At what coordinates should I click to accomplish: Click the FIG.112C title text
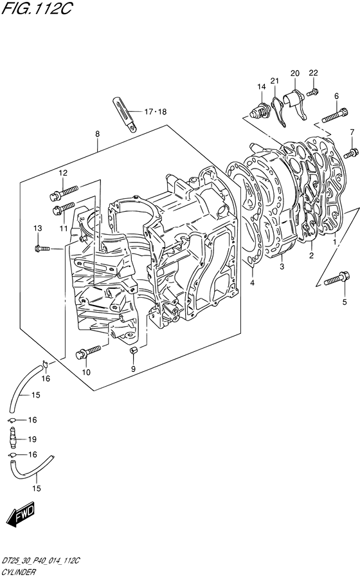pyautogui.click(x=36, y=9)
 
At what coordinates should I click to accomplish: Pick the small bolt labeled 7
pyautogui.click(x=351, y=153)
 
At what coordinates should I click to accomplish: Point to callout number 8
pyautogui.click(x=97, y=134)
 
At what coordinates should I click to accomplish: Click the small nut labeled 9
pyautogui.click(x=134, y=350)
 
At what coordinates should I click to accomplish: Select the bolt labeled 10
pyautogui.click(x=88, y=351)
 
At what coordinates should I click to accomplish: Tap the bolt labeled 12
pyautogui.click(x=64, y=191)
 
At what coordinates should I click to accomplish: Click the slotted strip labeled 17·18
pyautogui.click(x=124, y=113)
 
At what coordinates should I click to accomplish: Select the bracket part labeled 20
pyautogui.click(x=295, y=103)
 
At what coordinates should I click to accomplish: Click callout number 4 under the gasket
pyautogui.click(x=252, y=282)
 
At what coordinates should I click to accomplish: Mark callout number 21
pyautogui.click(x=274, y=80)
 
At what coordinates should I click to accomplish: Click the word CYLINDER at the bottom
pyautogui.click(x=19, y=573)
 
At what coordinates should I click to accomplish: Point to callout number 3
pyautogui.click(x=282, y=266)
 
